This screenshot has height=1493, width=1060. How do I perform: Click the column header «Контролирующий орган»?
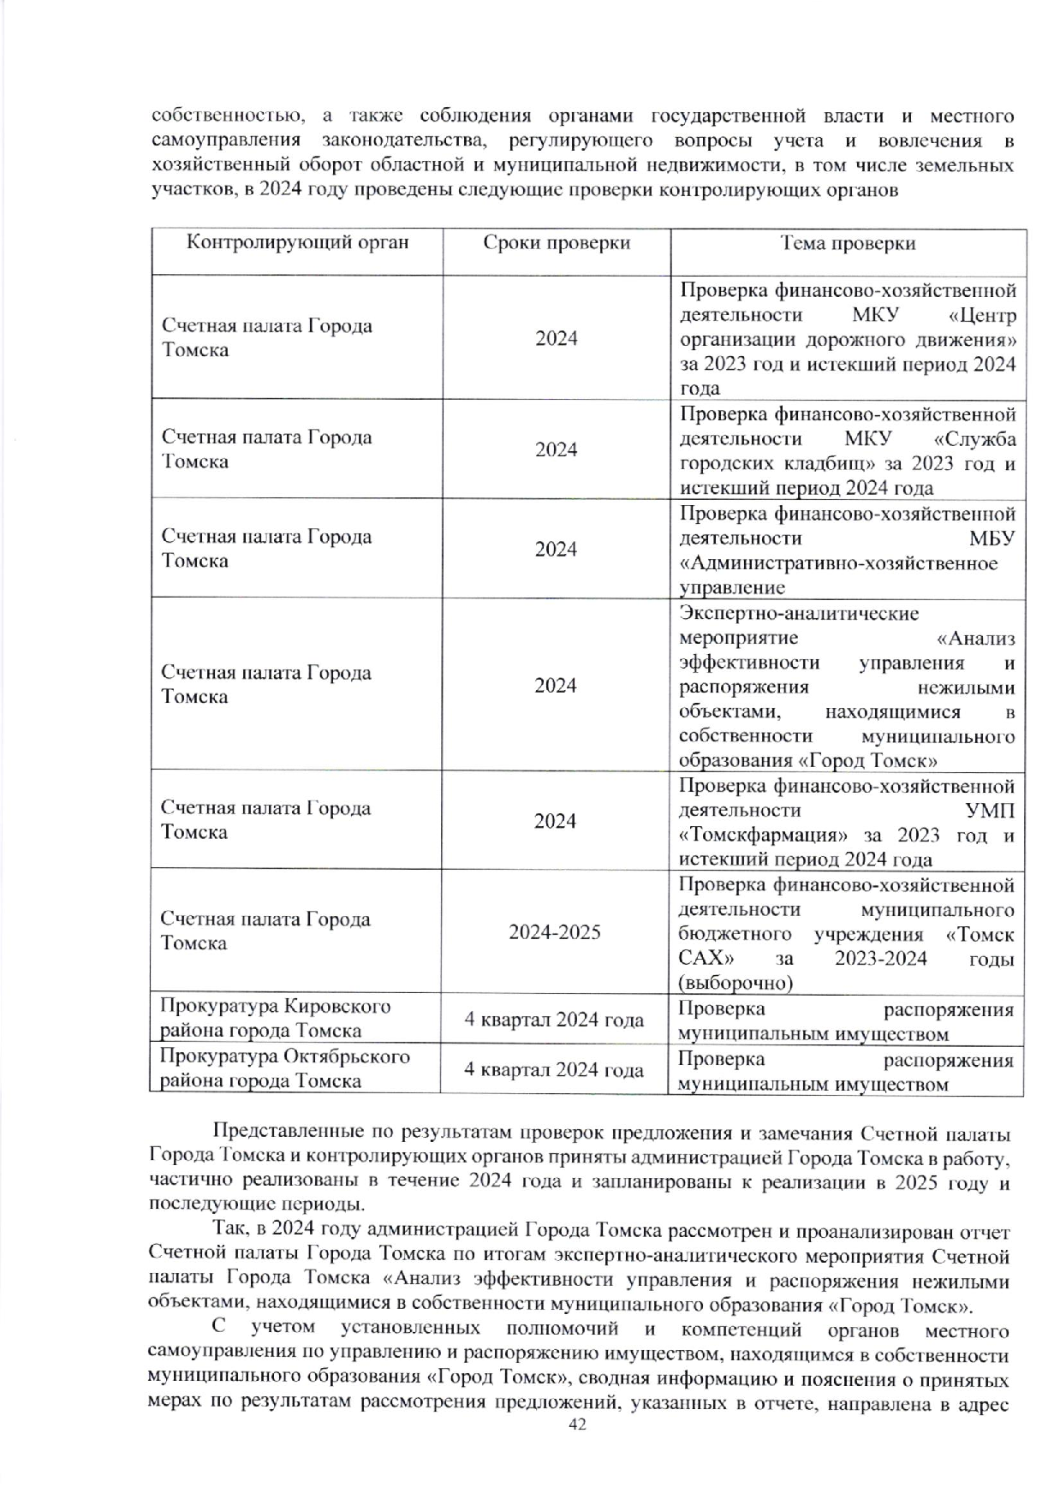(298, 243)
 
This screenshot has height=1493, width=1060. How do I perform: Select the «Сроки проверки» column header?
(557, 243)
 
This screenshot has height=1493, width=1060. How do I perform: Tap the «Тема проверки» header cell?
(848, 243)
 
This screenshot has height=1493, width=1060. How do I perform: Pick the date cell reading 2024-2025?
(555, 931)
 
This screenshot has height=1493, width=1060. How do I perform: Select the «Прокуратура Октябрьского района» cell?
(284, 1068)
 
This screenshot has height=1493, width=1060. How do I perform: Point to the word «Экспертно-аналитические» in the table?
(798, 613)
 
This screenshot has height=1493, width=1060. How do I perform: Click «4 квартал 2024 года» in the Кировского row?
(555, 1020)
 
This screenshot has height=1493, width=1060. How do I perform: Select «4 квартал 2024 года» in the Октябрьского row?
(555, 1070)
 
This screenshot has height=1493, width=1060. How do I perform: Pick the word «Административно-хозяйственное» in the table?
(837, 563)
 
